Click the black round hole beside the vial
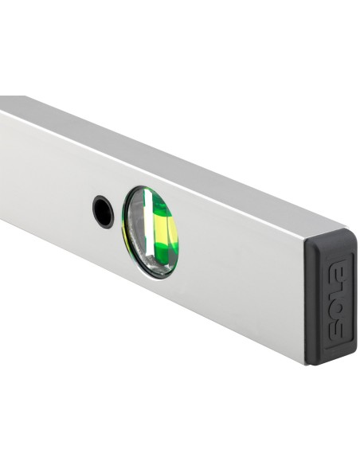[104, 212]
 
